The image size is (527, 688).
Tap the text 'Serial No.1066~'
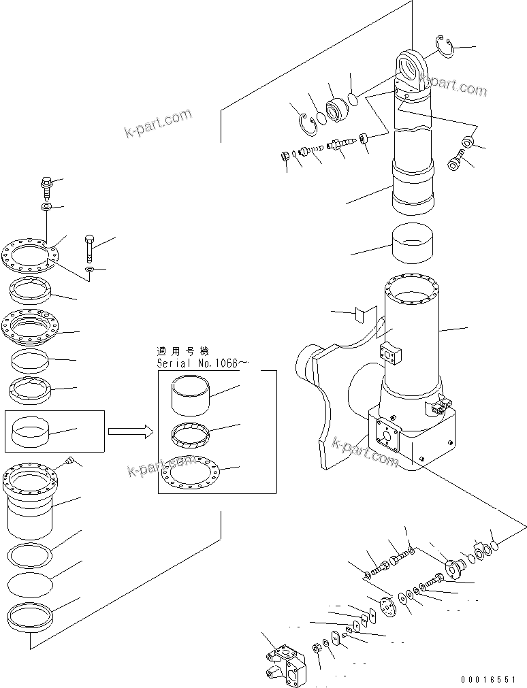(x=198, y=363)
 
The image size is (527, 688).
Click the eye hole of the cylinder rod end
(x=412, y=68)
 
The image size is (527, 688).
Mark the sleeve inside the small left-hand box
(x=33, y=431)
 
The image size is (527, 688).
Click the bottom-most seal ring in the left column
(x=31, y=617)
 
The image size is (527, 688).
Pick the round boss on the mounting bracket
(x=305, y=368)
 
